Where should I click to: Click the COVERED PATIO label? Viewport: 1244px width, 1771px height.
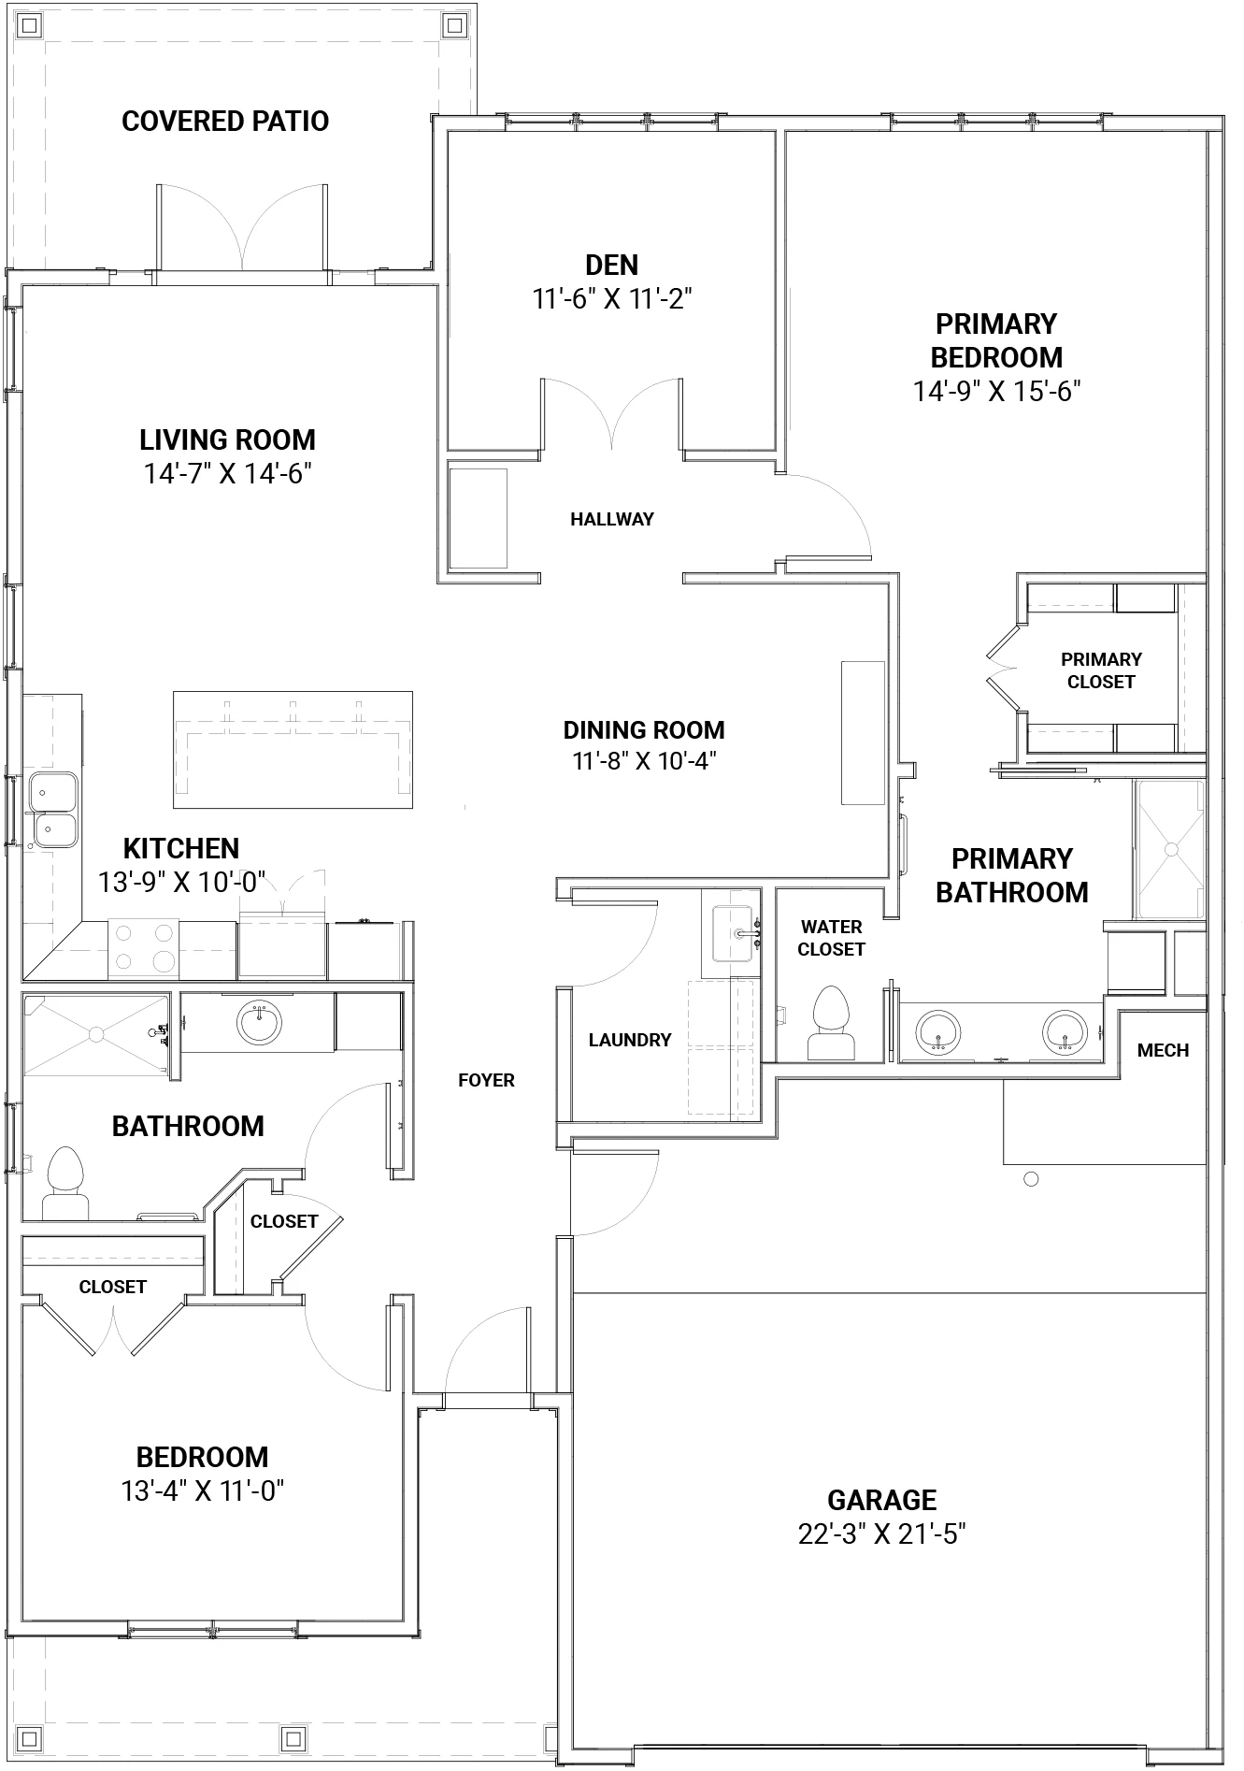[225, 122]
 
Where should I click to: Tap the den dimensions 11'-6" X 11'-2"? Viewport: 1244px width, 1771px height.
[612, 299]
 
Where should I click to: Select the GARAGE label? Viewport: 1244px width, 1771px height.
[881, 1500]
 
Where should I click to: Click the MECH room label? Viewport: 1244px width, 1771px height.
[1163, 1050]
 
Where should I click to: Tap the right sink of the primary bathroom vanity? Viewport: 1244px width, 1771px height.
[1064, 1031]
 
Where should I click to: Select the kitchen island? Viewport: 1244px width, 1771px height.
[293, 750]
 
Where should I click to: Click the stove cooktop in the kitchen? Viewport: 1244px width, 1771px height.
[143, 947]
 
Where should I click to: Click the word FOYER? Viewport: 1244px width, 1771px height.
[486, 1080]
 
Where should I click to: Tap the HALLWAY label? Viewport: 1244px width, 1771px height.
[612, 519]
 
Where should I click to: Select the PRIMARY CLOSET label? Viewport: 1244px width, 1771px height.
[1101, 670]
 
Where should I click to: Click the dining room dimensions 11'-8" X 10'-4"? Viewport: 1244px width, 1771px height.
[644, 761]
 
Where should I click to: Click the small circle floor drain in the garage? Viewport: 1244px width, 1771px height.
[1031, 1179]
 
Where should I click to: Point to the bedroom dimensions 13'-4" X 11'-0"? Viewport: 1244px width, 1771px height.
[202, 1490]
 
